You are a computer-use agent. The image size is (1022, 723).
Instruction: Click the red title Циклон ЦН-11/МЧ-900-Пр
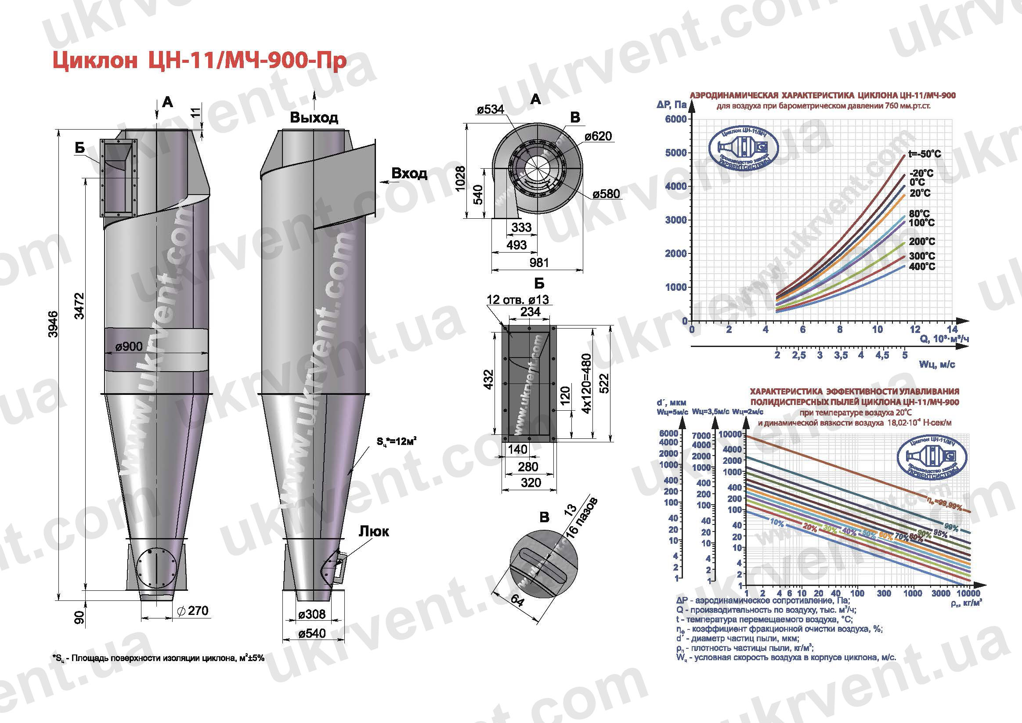coord(199,61)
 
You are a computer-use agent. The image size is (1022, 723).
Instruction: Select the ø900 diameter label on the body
coord(129,347)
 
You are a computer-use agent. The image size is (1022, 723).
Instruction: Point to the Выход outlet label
coord(314,118)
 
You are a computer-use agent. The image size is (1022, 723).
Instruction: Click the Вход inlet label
coord(409,173)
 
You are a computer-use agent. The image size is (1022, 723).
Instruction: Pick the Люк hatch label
coord(373,531)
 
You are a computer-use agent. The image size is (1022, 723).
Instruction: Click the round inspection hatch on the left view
coord(157,568)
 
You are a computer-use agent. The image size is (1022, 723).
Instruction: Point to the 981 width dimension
coord(539,263)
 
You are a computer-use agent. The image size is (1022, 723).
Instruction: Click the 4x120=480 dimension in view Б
coord(587,383)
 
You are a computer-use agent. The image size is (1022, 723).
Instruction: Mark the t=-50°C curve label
coord(925,154)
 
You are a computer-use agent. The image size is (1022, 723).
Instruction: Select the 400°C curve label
coord(922,267)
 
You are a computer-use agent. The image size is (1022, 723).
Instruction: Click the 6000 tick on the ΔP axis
coord(675,119)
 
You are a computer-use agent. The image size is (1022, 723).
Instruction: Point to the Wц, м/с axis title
coord(937,365)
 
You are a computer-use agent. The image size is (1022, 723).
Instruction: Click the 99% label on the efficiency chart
coord(951,528)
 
